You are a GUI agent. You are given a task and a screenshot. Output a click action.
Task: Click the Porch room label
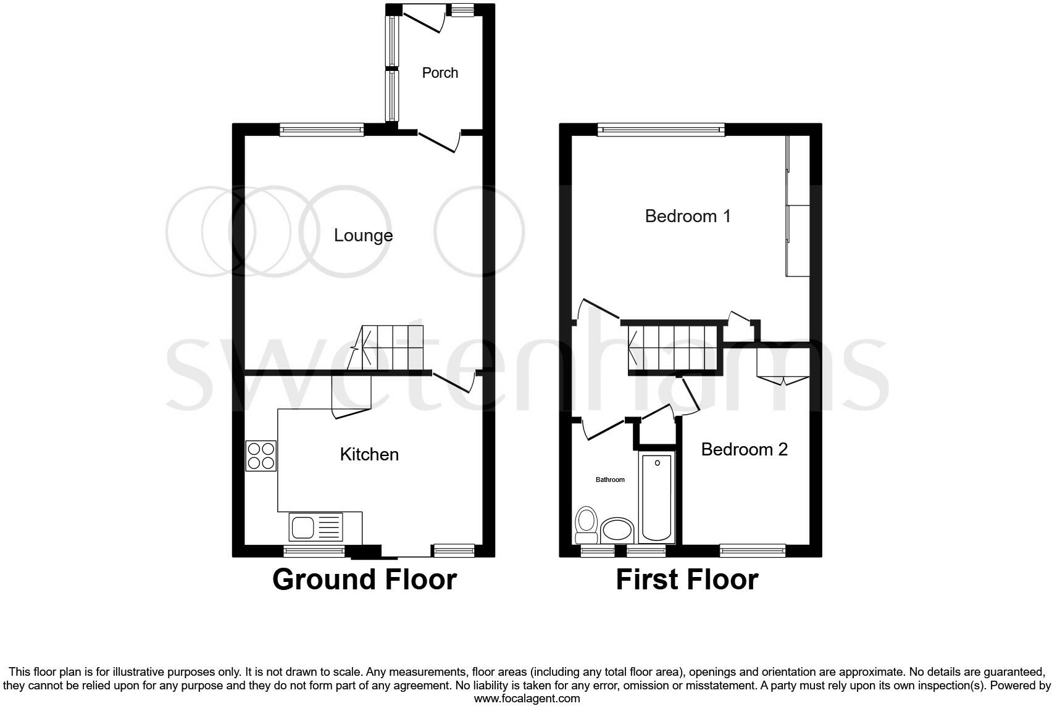[440, 73]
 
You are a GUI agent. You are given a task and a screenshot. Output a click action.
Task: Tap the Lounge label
[363, 235]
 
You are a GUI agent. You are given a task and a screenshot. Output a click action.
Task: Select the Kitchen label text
[369, 455]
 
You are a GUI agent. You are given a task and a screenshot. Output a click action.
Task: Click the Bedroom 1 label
[687, 216]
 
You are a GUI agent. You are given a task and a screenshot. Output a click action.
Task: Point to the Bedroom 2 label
[744, 449]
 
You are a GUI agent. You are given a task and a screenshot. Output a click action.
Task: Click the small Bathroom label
[609, 480]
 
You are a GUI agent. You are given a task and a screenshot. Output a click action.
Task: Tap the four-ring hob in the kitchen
[261, 455]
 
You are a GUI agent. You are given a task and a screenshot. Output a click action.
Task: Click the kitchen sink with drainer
[315, 527]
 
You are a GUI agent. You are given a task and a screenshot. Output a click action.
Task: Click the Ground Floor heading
[364, 579]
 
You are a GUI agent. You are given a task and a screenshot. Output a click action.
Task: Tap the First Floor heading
[687, 579]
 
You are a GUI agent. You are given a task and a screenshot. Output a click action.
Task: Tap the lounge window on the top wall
[321, 129]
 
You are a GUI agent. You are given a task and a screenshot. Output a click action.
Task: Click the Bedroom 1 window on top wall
[660, 129]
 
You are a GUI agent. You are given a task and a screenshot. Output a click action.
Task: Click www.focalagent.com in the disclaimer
[526, 699]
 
